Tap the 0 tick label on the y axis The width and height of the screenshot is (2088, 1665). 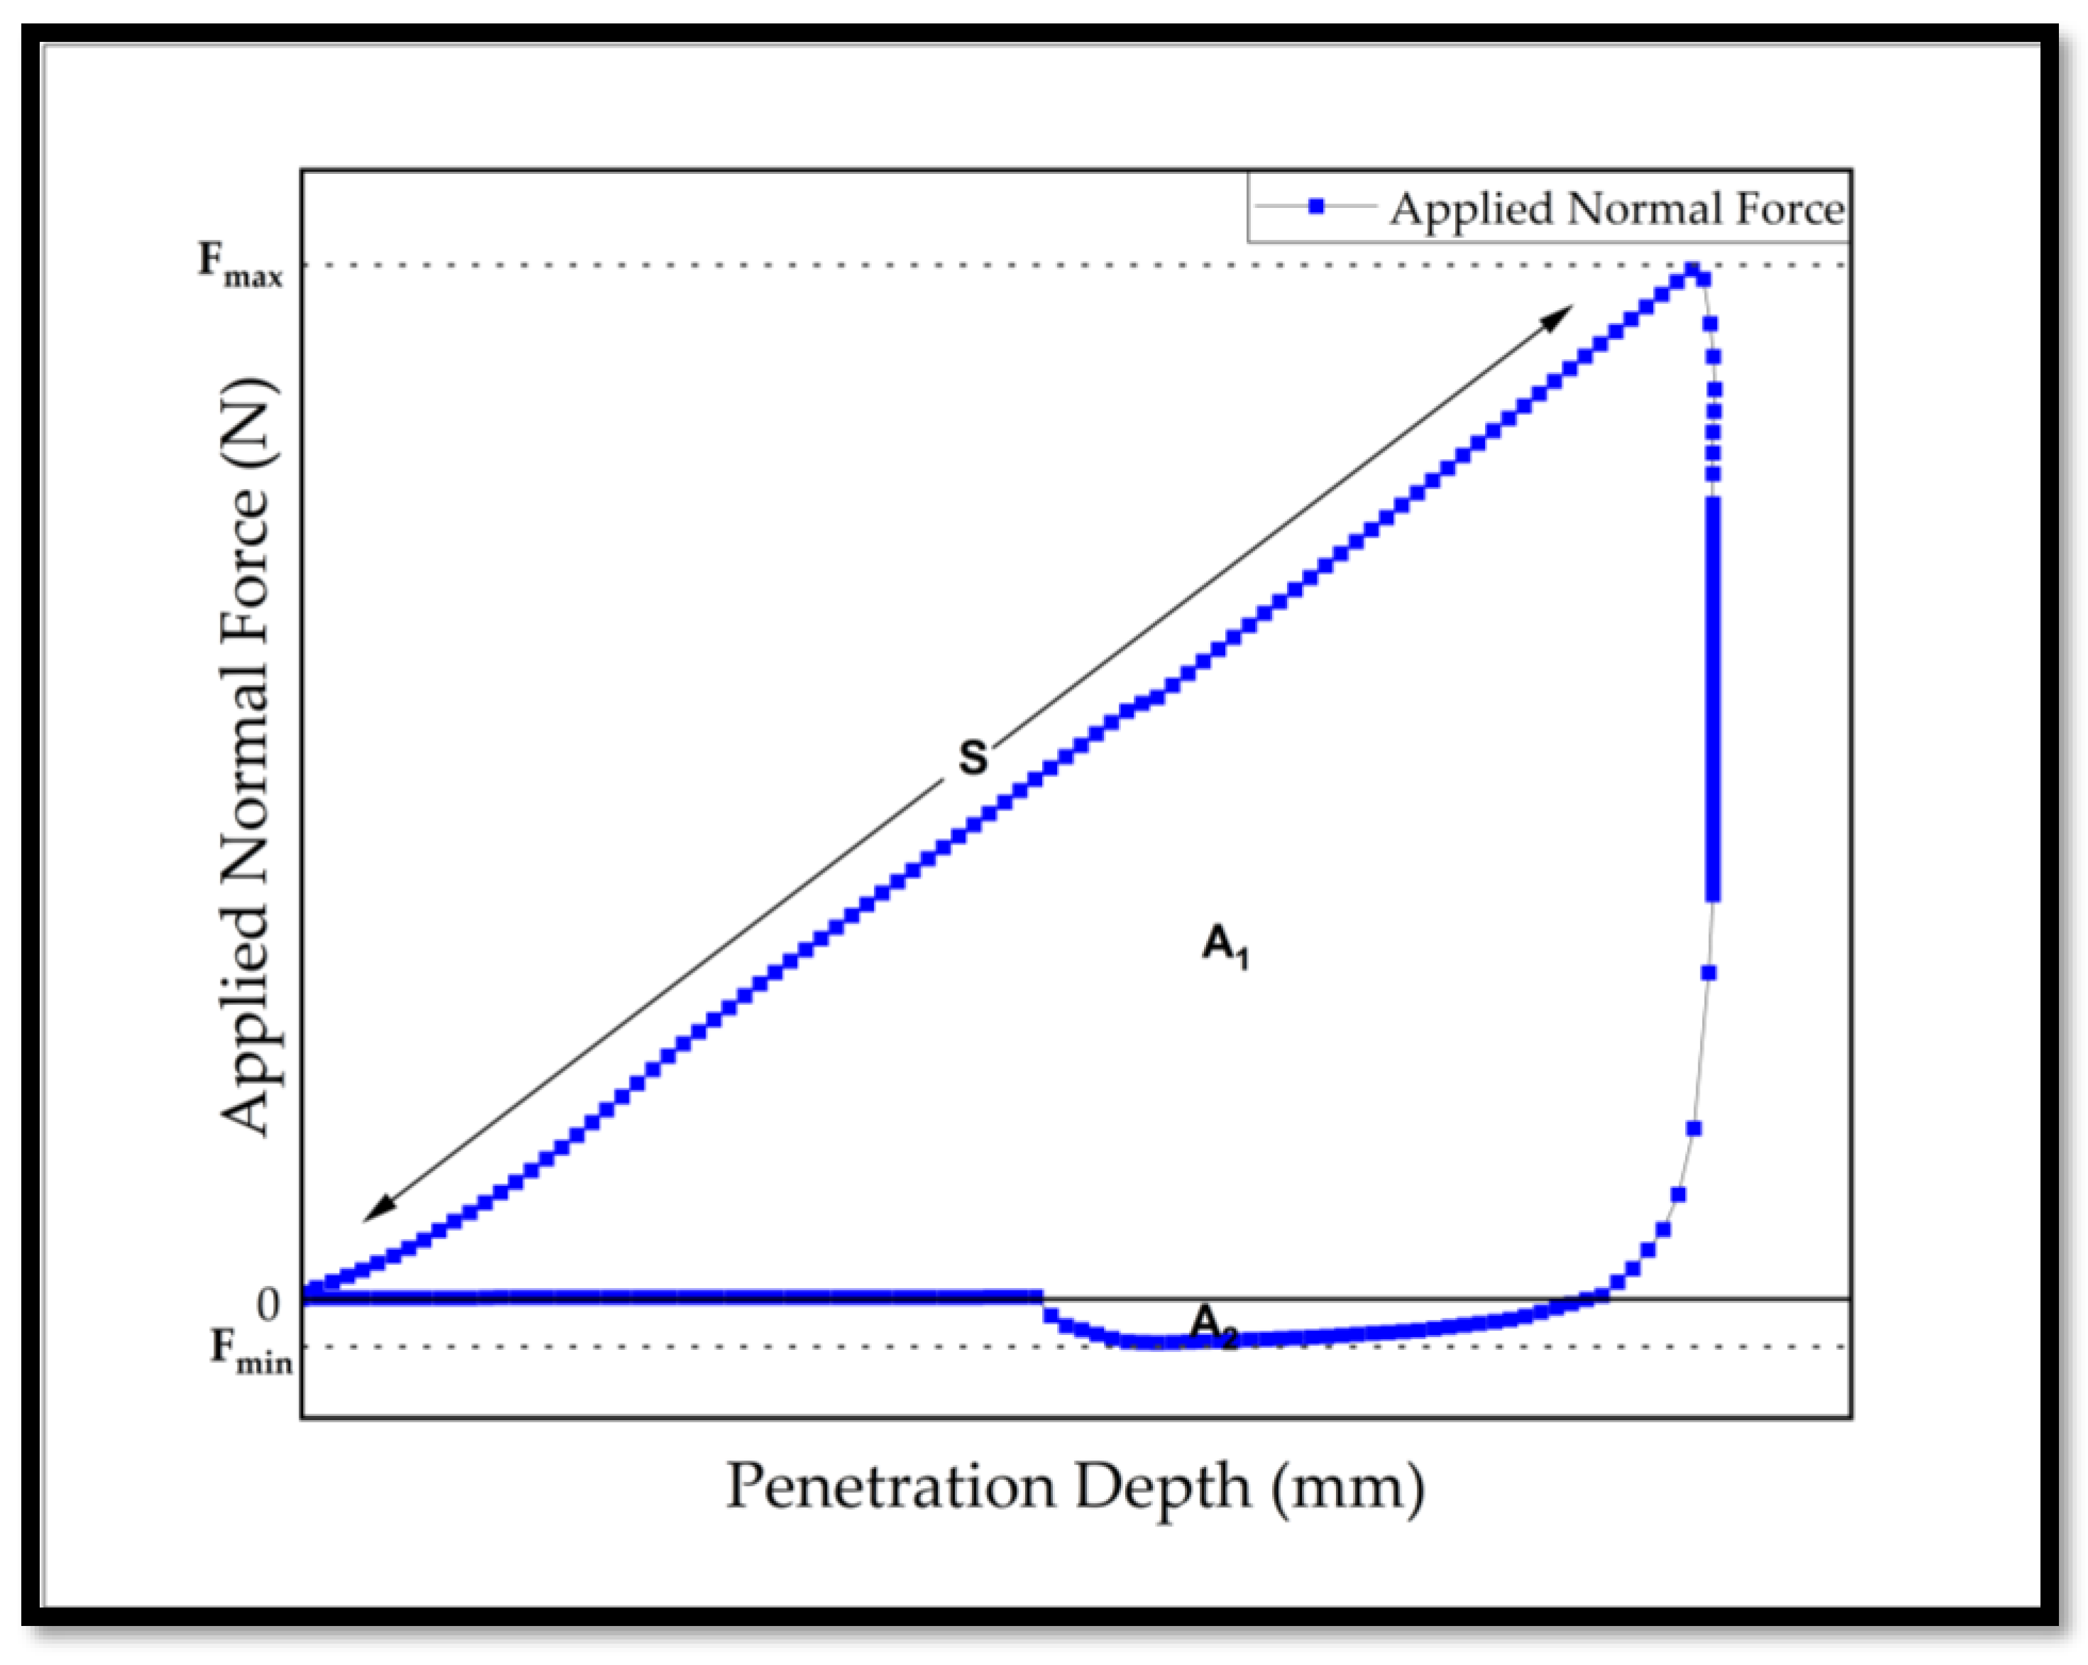[x=268, y=1304]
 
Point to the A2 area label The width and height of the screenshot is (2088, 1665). [x=1213, y=1325]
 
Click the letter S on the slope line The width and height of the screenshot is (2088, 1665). [x=972, y=757]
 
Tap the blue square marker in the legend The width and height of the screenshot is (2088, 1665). [x=1315, y=207]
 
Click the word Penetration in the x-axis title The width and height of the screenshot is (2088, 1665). [x=890, y=1486]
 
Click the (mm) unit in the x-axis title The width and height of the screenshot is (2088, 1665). [x=1347, y=1488]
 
